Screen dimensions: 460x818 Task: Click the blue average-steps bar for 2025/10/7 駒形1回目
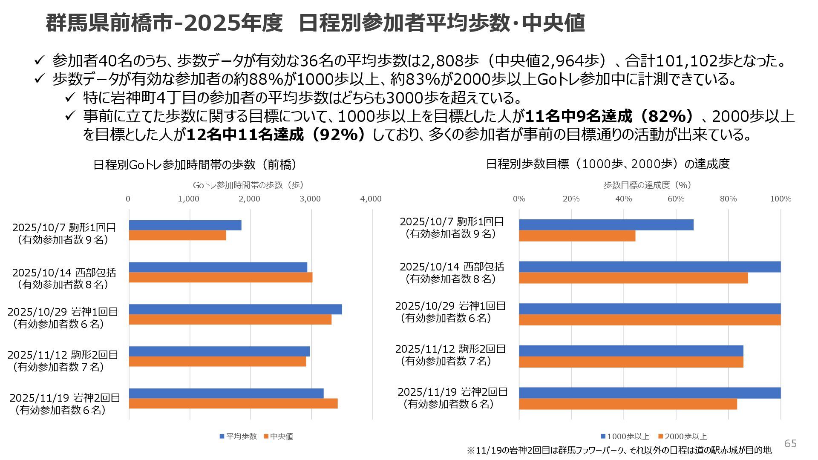click(185, 225)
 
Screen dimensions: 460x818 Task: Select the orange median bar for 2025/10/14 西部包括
click(221, 278)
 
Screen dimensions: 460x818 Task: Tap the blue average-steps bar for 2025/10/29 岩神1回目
click(235, 309)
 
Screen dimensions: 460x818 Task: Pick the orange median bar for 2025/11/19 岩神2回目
click(233, 403)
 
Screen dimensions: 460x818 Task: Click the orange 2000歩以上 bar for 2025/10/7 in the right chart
click(577, 236)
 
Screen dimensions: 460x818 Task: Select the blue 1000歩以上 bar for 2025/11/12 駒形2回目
click(631, 351)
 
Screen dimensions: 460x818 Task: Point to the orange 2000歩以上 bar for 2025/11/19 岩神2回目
click(628, 404)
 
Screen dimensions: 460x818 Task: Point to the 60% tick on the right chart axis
click(676, 199)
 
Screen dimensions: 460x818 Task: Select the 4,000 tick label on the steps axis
click(371, 199)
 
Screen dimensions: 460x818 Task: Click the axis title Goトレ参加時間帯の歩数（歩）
click(248, 185)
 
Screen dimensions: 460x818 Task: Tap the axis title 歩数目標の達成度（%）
click(647, 185)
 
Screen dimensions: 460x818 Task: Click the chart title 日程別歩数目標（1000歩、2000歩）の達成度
click(608, 164)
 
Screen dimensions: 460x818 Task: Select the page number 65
click(790, 444)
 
